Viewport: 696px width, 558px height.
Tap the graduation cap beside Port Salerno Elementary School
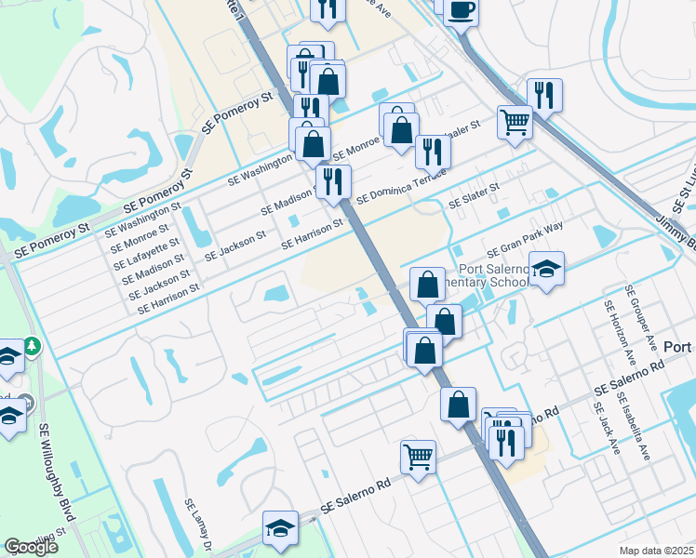pos(548,269)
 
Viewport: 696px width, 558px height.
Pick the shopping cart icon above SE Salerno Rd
pos(419,457)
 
